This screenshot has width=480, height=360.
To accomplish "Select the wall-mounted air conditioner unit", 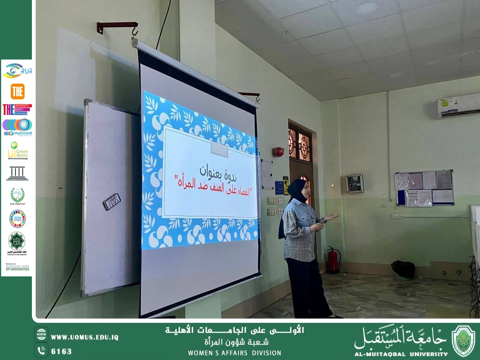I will click(458, 109).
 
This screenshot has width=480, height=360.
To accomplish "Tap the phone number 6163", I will click(61, 351).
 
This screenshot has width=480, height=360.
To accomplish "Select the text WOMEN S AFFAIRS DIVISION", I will click(234, 353).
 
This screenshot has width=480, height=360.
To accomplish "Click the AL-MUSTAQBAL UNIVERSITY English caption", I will click(401, 354).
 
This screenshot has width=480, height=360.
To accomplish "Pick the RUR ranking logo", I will click(17, 71).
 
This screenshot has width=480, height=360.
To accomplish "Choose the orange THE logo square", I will click(17, 91).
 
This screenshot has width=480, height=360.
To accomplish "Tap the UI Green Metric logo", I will click(17, 150).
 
